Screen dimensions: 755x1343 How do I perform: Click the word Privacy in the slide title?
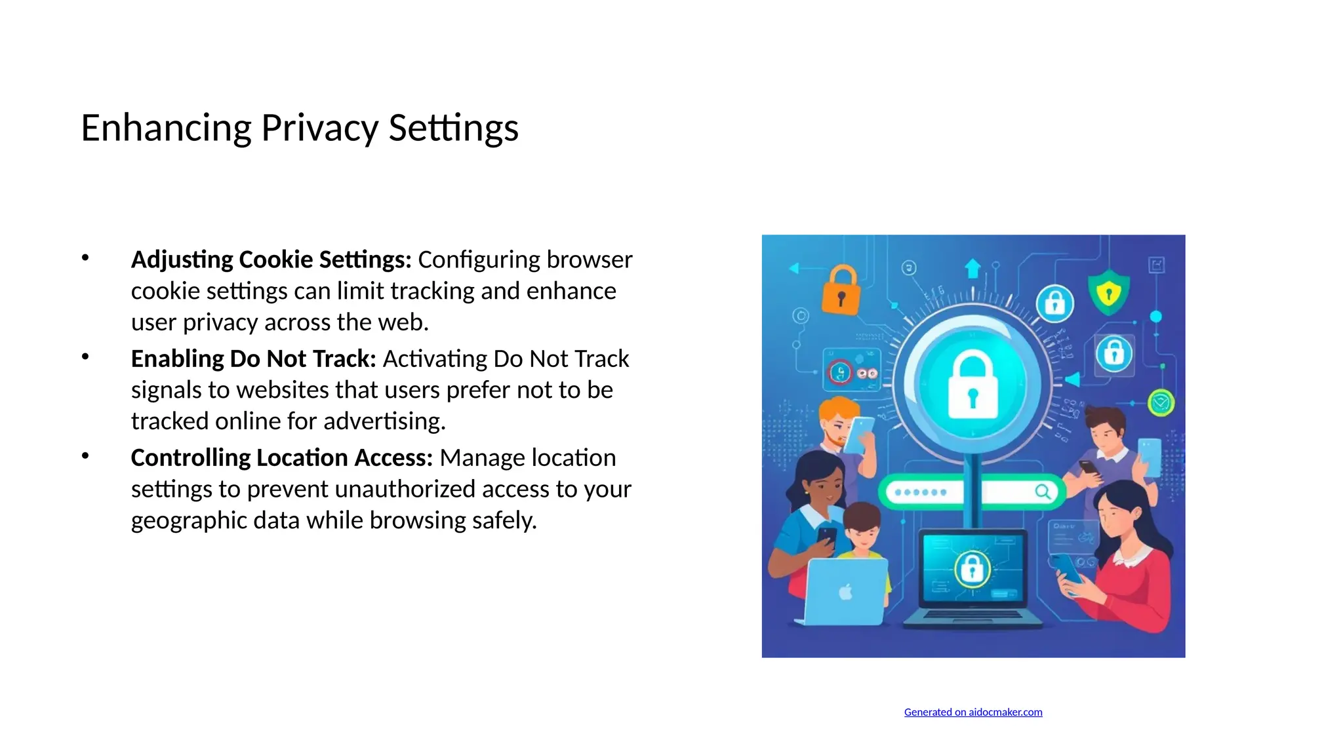click(319, 128)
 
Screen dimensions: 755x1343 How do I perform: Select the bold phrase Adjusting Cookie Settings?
click(271, 260)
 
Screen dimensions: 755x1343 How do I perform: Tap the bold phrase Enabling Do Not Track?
click(253, 359)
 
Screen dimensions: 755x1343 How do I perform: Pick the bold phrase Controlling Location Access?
click(281, 457)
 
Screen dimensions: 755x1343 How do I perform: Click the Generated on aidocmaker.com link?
click(972, 712)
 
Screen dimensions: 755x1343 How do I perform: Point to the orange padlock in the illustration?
click(841, 291)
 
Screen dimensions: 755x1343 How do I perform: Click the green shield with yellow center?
click(1108, 292)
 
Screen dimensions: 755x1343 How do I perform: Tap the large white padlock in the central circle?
click(972, 385)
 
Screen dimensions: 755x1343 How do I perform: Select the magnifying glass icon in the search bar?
click(1042, 492)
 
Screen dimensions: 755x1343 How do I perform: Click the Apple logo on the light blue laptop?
click(846, 592)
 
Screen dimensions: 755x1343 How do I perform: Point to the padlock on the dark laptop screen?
click(972, 568)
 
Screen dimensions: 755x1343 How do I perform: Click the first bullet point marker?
click(85, 258)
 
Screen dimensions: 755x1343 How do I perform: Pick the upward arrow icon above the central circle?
click(972, 269)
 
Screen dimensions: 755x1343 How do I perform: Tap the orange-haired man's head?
click(837, 419)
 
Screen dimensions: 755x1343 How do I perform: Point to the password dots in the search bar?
click(921, 492)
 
